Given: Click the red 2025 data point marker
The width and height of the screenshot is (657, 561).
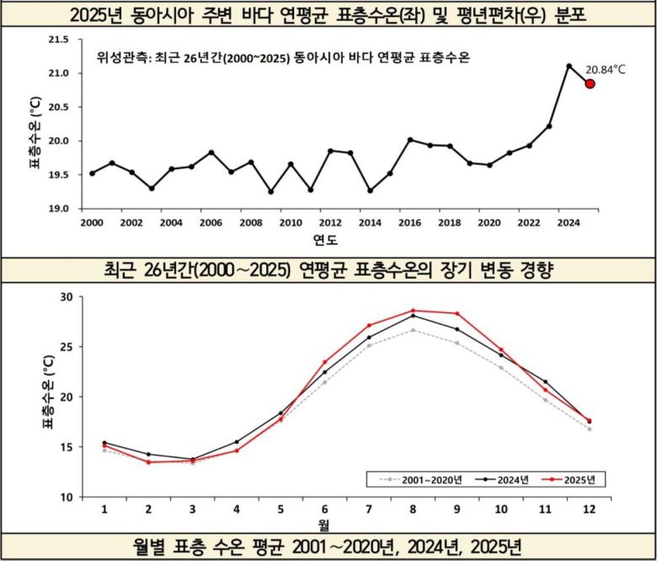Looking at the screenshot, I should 590,83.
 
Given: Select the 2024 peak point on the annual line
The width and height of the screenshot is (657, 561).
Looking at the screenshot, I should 569,66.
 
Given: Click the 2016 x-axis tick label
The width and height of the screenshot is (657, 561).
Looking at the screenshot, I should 409,223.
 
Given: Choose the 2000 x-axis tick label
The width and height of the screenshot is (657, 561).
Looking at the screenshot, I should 91,223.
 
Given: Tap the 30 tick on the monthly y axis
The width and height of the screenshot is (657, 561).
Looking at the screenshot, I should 66,297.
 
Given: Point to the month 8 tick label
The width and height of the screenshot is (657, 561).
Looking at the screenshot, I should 414,510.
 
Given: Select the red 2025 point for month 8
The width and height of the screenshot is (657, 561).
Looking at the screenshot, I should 414,310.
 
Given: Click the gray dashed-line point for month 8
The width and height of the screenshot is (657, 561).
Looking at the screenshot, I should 414,330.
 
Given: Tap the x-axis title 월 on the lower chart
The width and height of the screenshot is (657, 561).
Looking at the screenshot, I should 323,523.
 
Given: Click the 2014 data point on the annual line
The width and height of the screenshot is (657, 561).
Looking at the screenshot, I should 370,190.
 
